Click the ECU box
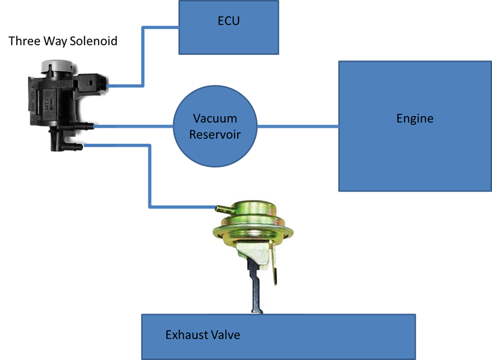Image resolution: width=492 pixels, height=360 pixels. point(228,27)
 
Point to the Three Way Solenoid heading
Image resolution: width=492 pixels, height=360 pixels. point(63,41)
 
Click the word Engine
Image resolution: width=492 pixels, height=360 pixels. point(414,119)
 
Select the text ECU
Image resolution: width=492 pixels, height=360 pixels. point(228,22)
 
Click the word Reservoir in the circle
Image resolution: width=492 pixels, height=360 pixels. point(215,134)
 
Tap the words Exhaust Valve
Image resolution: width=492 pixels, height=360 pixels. point(203,335)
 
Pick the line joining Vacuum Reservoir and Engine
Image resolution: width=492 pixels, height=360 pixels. point(298,127)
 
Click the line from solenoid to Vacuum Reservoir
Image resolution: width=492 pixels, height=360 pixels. point(134,127)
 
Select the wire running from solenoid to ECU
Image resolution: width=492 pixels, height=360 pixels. point(144,56)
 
